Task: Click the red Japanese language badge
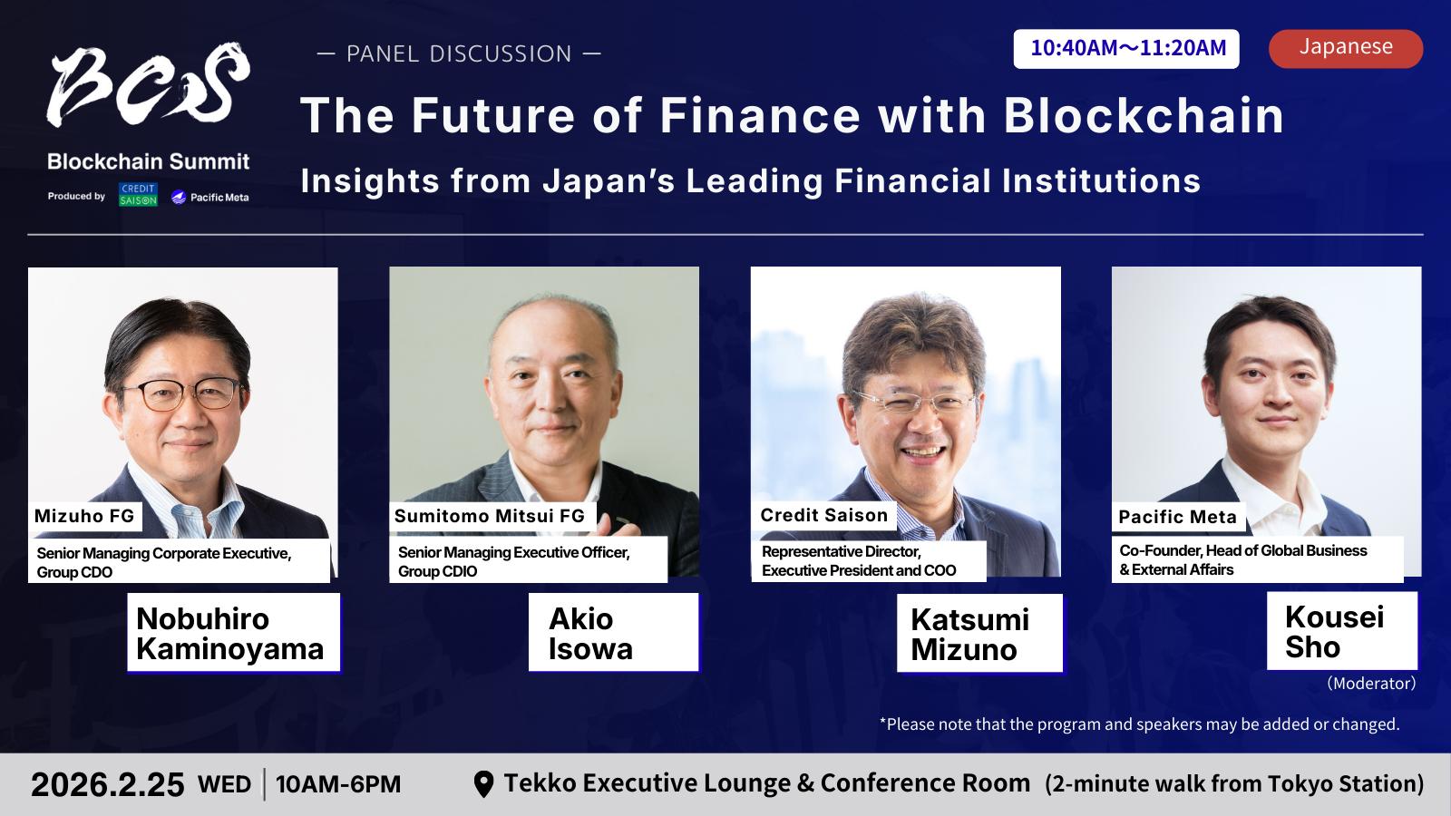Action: [1346, 49]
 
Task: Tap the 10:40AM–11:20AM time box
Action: [1125, 49]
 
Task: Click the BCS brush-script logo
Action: [148, 84]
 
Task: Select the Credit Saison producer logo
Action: [138, 194]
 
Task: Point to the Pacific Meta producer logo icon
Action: [178, 197]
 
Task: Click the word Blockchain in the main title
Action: [1144, 117]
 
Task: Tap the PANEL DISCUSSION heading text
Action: [459, 53]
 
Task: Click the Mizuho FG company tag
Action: [84, 516]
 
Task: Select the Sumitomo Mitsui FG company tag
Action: [490, 516]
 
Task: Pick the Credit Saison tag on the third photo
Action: [824, 515]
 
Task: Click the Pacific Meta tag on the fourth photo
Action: [1178, 517]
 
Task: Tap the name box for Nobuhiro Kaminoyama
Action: [234, 633]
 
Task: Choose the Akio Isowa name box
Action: [613, 632]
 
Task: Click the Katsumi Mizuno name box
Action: [979, 634]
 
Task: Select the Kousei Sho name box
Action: [1342, 631]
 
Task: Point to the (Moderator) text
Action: [1371, 684]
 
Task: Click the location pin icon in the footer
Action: [484, 784]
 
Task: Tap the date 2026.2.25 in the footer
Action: [108, 785]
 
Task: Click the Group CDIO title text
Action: [437, 571]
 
